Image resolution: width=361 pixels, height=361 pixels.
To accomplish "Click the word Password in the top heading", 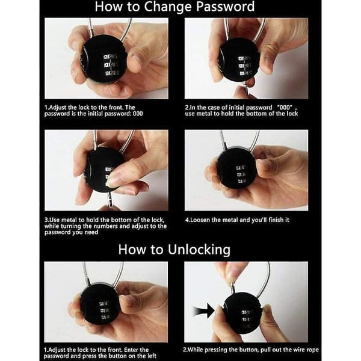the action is pyautogui.click(x=225, y=7).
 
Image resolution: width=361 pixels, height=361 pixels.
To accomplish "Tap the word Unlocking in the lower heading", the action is pyautogui.click(x=199, y=250).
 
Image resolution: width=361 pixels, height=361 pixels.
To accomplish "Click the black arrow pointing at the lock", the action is pyautogui.click(x=204, y=311).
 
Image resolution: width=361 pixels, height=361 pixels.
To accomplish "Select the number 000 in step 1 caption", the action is pyautogui.click(x=138, y=114).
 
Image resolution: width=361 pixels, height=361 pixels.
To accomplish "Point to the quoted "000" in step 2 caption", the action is pyautogui.click(x=285, y=108).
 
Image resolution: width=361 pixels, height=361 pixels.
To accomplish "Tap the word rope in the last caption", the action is pyautogui.click(x=313, y=350).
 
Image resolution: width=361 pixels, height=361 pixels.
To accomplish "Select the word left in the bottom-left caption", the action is pyautogui.click(x=152, y=356).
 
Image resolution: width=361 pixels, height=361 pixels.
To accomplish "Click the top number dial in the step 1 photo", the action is pyautogui.click(x=110, y=57).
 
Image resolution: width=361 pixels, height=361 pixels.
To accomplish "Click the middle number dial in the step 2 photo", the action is pyautogui.click(x=244, y=66).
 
